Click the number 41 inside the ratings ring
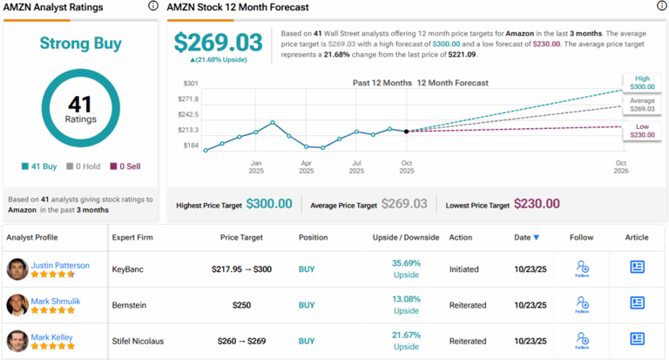[x=80, y=104]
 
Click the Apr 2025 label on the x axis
[x=307, y=167]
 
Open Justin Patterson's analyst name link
[x=60, y=264]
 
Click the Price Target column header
[x=241, y=237]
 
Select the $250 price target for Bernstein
[x=242, y=305]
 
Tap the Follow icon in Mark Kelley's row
[x=582, y=340]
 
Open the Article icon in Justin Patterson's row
[x=639, y=268]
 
